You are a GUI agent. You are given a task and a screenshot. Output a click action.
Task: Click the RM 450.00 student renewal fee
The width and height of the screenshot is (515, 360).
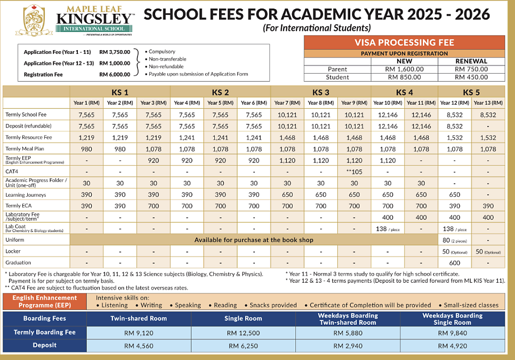(471, 77)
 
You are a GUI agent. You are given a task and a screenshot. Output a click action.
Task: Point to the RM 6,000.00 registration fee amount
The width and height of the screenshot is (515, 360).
(115, 75)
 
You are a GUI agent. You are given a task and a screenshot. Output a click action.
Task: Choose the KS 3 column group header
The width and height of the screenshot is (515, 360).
(320, 91)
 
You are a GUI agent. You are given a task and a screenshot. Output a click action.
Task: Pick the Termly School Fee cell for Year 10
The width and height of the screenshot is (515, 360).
(388, 115)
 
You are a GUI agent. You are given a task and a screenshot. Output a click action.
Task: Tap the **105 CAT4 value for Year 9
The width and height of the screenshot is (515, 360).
(354, 171)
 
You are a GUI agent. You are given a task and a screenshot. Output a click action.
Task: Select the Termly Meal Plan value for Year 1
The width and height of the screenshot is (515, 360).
(86, 149)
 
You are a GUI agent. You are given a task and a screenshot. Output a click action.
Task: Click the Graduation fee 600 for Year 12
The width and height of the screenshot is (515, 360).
(455, 262)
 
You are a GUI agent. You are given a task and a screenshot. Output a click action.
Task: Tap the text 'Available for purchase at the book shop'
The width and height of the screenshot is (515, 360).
(254, 240)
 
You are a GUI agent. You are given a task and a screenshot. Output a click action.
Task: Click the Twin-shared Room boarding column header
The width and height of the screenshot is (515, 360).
(139, 318)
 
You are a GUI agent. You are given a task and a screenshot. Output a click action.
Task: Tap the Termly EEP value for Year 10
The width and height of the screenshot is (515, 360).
(388, 160)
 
